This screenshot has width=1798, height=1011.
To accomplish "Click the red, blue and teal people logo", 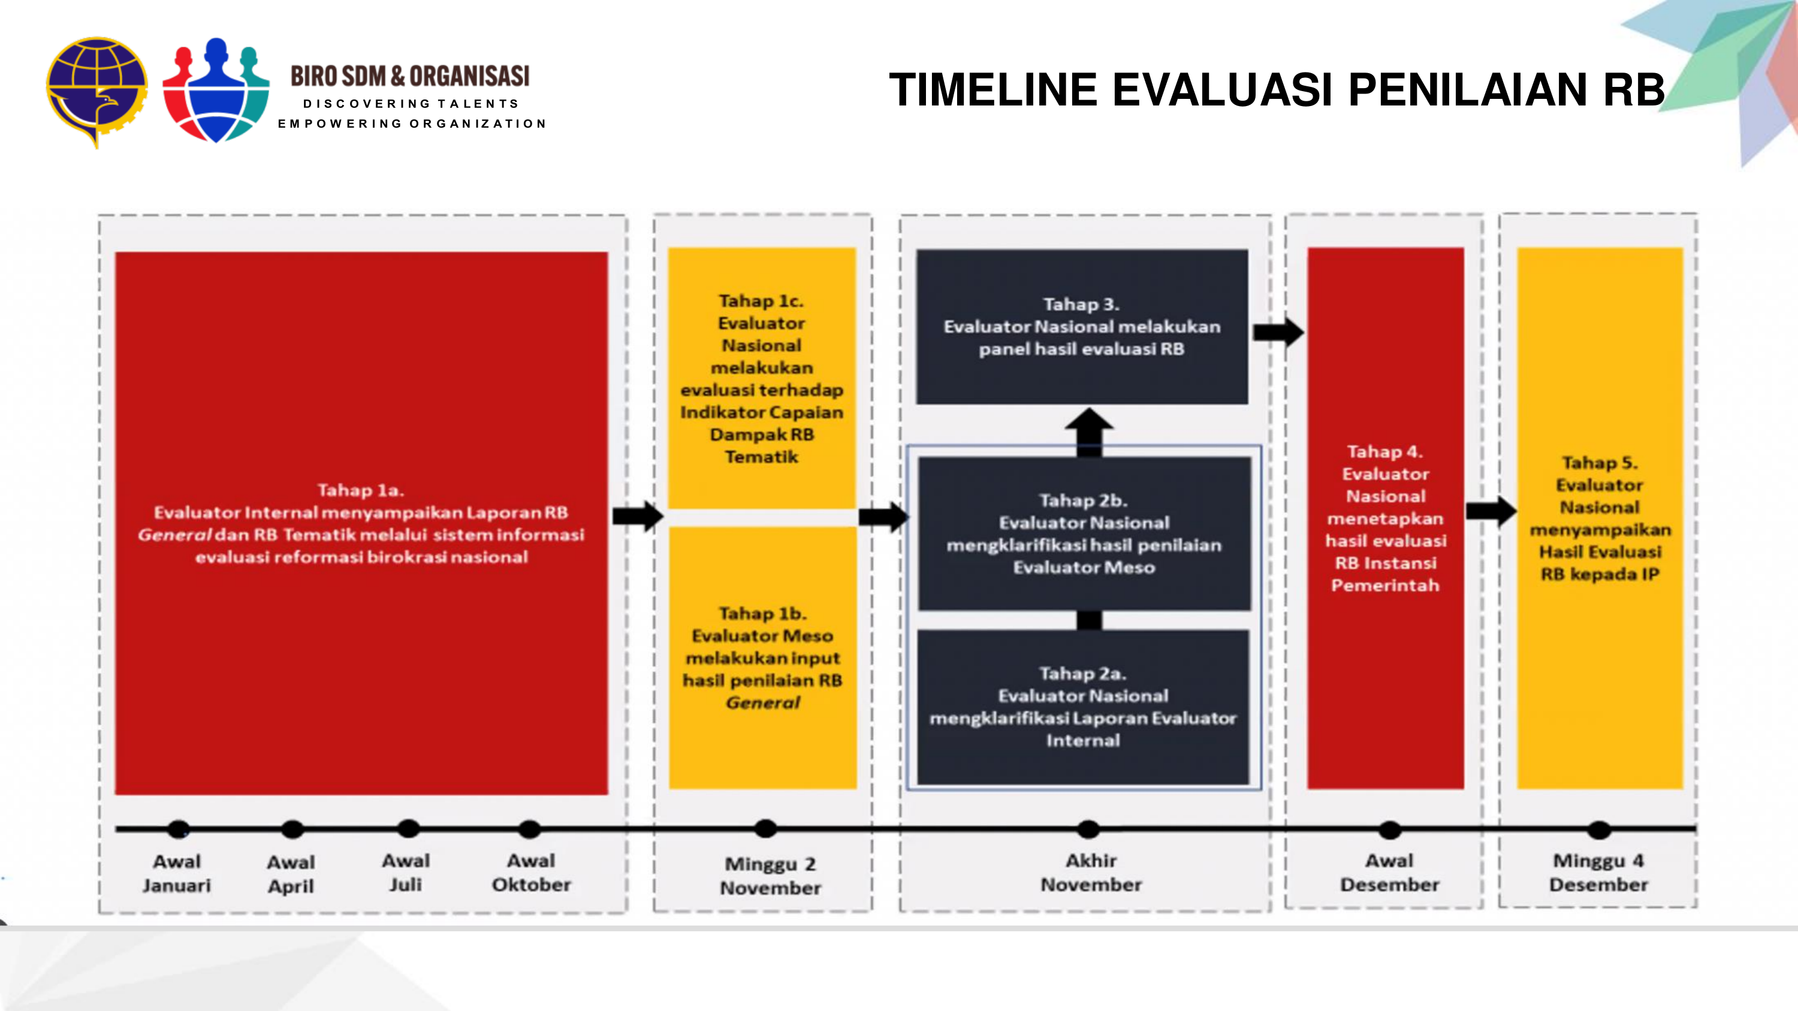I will coord(216,90).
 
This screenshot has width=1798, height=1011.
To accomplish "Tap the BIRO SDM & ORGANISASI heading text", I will coord(411,76).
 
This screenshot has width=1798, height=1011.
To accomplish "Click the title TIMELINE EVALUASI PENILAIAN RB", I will coord(1277,90).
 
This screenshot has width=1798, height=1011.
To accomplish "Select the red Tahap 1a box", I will coord(361,523).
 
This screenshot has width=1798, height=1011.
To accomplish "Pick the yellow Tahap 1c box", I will coord(762,378).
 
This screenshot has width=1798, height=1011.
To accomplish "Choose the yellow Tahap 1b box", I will coord(762,657).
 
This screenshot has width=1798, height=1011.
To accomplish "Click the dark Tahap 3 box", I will coord(1082,327).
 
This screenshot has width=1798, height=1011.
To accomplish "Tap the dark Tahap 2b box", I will coord(1084,534).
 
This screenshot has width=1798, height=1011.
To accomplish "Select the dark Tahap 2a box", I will coord(1082,707).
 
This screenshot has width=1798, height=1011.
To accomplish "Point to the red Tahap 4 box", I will coord(1386,518).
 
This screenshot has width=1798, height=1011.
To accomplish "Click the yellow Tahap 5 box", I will coord(1600,518).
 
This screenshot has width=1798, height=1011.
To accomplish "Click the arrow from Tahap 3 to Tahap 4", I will coord(1278,332).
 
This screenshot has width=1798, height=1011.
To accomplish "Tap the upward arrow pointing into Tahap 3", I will coord(1089,431).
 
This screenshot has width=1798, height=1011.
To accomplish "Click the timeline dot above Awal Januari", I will coord(179,829).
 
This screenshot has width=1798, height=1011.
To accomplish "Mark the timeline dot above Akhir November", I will coord(1088,829).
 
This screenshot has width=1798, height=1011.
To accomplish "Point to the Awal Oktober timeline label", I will coord(531,872).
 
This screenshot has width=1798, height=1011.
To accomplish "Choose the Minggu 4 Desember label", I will coord(1598,872).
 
